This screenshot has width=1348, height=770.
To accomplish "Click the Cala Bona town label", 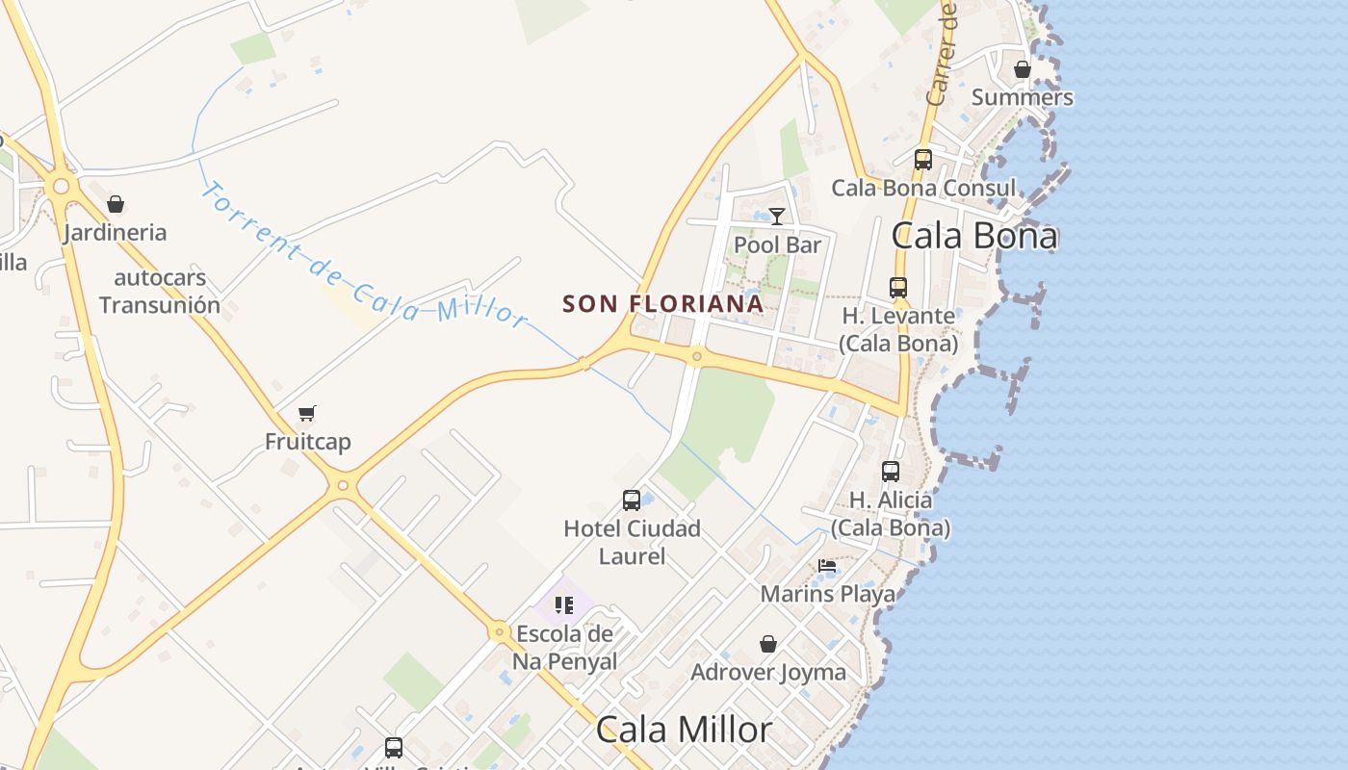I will coord(974,236).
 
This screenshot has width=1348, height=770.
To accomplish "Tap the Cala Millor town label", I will coord(684,730).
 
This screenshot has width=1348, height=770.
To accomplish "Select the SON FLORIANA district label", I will coord(662,304).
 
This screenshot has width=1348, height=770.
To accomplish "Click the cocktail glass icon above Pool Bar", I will coord(777,216).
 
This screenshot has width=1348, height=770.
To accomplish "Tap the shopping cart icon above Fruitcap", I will coord(307,413).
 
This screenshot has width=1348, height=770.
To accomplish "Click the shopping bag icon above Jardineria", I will coord(116,204).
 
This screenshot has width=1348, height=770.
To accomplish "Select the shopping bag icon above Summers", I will coord(1022,69).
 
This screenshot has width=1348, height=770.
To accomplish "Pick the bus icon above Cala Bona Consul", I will coord(922,159).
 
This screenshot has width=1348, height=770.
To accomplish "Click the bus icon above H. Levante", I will coord(898,287).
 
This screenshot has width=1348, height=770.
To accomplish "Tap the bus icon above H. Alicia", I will coord(891,472).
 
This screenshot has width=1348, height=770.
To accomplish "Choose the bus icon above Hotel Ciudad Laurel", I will coord(632,500).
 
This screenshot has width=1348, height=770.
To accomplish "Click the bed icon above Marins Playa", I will coord(827,566).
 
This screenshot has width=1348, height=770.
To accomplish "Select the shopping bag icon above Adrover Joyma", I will coord(768,644).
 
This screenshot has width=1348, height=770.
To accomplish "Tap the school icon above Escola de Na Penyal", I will coord(564,605).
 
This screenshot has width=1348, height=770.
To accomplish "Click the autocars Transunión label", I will coord(160,292).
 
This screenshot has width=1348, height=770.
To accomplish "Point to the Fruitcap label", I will coord(308,442).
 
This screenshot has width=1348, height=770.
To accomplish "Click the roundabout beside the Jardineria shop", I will coord(62,185).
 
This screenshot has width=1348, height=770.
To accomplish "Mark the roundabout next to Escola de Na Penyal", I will coord(499,632).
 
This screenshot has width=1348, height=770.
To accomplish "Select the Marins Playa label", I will coord(827,594).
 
